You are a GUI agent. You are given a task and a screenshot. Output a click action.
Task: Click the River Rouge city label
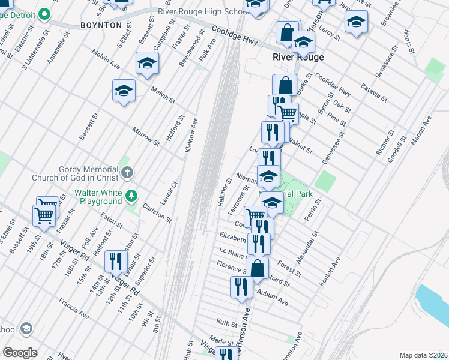(x=298, y=57)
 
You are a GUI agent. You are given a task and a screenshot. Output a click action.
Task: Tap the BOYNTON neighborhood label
(x=101, y=25)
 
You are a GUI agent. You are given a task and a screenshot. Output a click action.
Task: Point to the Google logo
(x=20, y=353)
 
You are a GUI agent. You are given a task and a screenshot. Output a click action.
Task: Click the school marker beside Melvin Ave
(x=146, y=62)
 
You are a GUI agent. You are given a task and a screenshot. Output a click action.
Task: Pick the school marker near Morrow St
(x=124, y=90)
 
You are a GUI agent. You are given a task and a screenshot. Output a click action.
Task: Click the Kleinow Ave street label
(x=191, y=133)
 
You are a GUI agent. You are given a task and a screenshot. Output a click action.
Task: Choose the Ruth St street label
(x=227, y=323)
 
